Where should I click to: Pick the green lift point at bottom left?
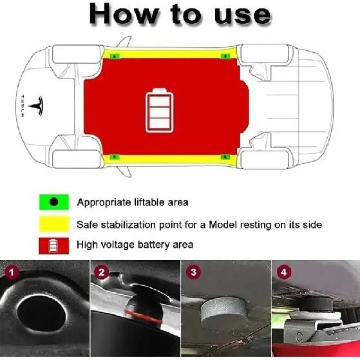tap(114, 156)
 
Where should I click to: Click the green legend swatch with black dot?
tap(53, 202)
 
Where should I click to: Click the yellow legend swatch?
tap(53, 224)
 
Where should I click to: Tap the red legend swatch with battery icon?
tap(53, 245)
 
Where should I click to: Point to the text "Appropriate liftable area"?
tap(133, 203)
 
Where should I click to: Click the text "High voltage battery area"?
tap(135, 245)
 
